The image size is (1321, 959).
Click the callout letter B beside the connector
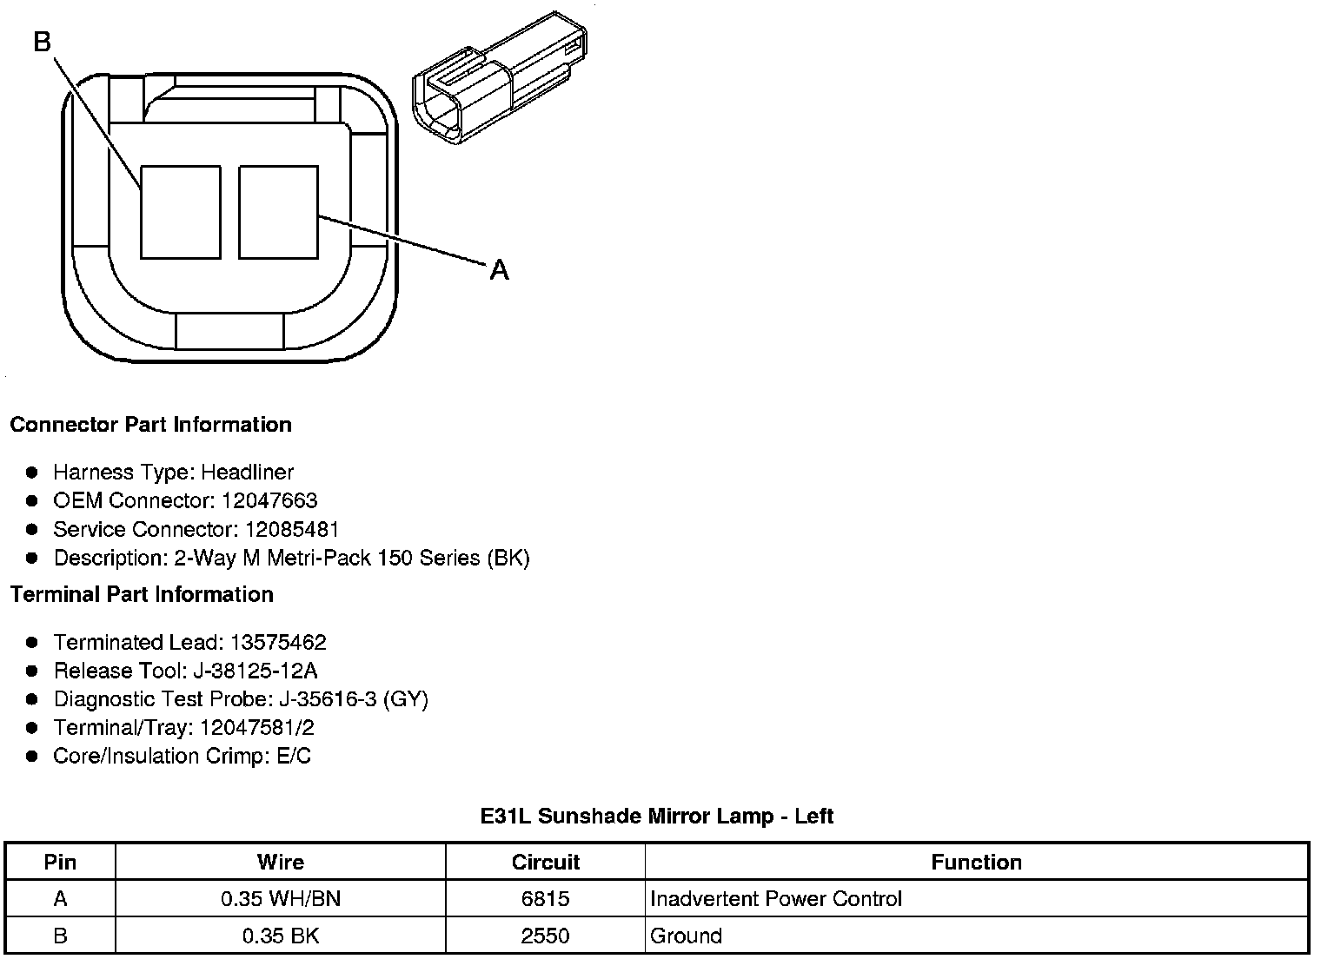coord(43,42)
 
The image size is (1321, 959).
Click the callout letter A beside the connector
coord(499,270)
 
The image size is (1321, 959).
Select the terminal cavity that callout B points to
coord(181,212)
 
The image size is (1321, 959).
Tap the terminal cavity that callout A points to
coord(278,212)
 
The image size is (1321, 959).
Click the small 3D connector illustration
coord(500,78)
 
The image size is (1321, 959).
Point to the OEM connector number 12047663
coord(269,500)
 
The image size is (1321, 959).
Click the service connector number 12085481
coord(292,529)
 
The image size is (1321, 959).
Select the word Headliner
coord(247,473)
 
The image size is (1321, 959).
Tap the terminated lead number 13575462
coord(278,642)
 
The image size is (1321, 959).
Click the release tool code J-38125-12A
coord(256,671)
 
